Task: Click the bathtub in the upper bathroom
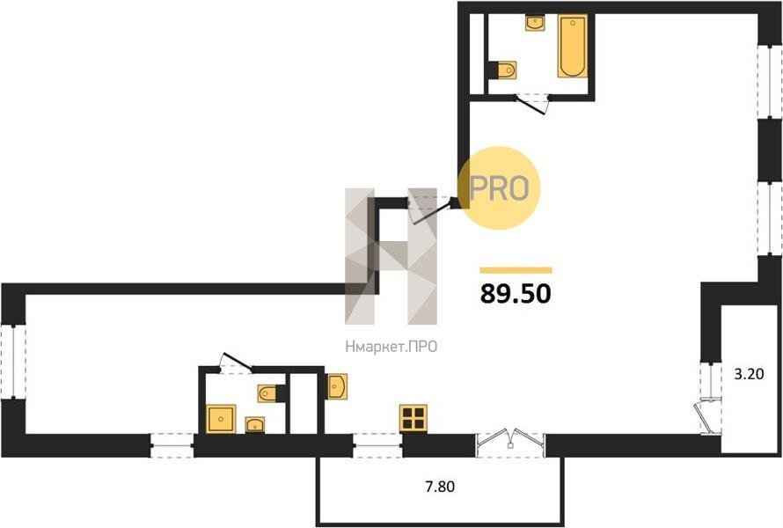[x=572, y=46]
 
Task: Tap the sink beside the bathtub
[x=535, y=23]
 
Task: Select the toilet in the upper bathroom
[x=504, y=70]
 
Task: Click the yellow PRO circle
[x=500, y=187]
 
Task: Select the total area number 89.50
[x=516, y=293]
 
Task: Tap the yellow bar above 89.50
[x=516, y=270]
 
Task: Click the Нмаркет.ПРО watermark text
[x=391, y=347]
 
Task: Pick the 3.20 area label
[x=749, y=374]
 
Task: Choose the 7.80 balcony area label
[x=440, y=486]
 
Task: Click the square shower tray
[x=221, y=419]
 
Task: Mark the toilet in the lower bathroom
[x=271, y=393]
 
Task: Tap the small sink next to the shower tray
[x=255, y=424]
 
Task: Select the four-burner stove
[x=413, y=418]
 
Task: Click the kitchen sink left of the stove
[x=337, y=386]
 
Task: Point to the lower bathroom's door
[x=236, y=363]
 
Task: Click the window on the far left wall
[x=13, y=361]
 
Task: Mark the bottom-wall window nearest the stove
[x=377, y=445]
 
